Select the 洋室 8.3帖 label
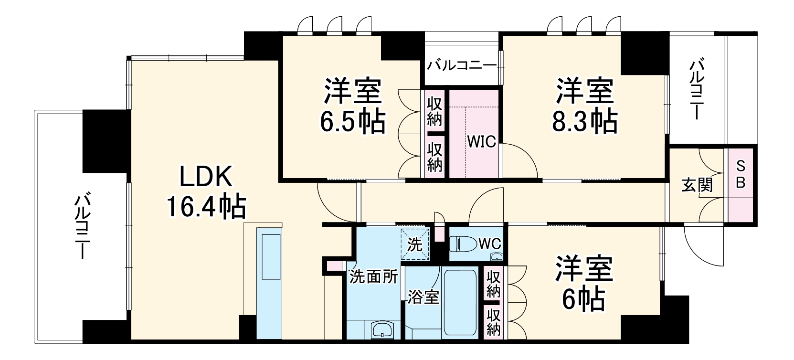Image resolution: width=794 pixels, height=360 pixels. coord(584,106)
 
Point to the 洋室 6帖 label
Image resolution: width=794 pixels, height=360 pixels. coord(583,285)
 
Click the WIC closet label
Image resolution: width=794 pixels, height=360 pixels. coord(482,142)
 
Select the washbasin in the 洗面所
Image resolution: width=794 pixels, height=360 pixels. coord(381,329)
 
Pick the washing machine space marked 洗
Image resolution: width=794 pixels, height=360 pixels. coord(415,245)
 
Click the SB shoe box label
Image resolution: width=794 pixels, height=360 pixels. coord(740,174)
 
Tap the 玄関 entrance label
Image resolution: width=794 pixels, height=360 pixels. coord(697,185)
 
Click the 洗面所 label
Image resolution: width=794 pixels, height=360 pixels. coord(374,277)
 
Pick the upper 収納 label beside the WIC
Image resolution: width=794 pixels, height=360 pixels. coord(434,111)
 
